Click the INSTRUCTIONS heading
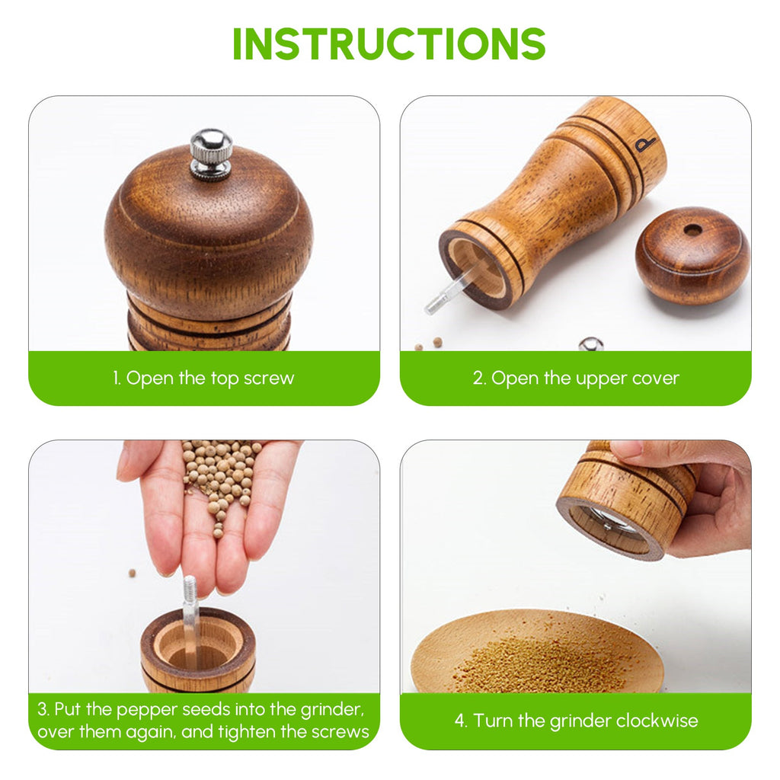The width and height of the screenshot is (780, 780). (389, 44)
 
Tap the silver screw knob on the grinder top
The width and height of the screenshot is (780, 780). (211, 152)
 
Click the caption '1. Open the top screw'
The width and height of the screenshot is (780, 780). (203, 379)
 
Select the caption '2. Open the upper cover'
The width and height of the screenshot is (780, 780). (576, 379)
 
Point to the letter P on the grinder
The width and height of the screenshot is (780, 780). (647, 144)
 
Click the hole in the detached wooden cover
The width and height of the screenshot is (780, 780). (692, 229)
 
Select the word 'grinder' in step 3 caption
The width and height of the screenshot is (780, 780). (330, 710)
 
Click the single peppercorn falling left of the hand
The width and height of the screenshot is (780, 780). (132, 572)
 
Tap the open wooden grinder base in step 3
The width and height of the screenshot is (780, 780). (199, 651)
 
